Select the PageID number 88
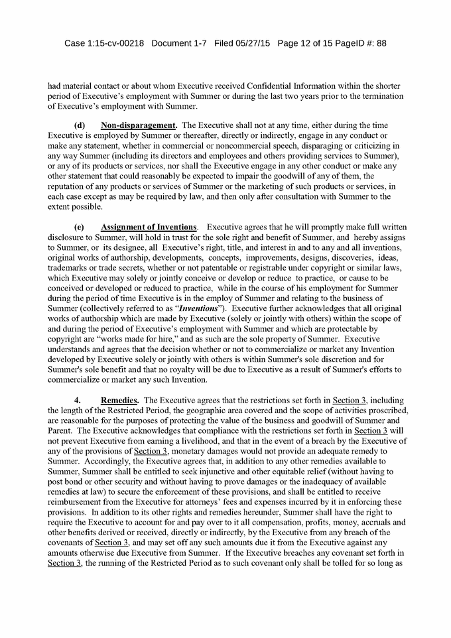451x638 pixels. click(x=381, y=43)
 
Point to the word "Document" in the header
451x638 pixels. click(x=171, y=43)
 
